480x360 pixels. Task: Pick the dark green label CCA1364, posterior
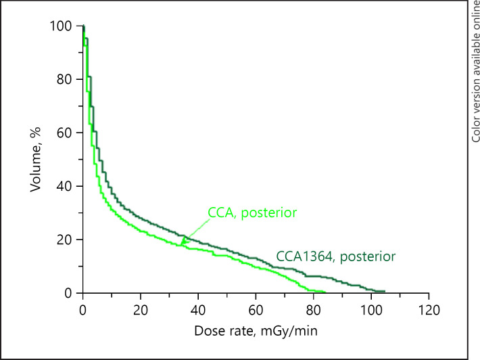[x=335, y=256]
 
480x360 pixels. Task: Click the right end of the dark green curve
[x=384, y=291]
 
